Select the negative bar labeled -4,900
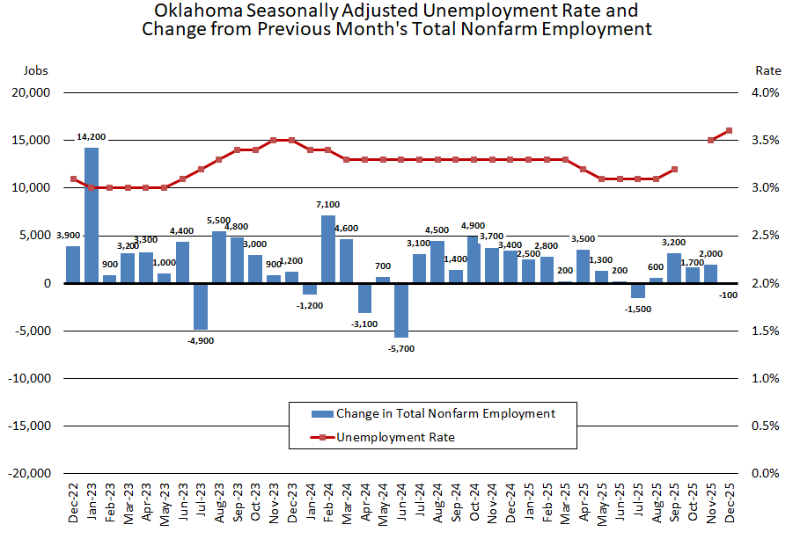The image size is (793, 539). tap(201, 306)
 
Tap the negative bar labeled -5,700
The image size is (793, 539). tap(401, 310)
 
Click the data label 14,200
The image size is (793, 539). tap(92, 136)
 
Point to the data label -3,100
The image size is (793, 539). tap(364, 324)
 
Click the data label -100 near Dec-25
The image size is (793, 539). tap(729, 296)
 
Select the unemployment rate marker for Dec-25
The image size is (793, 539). tap(730, 131)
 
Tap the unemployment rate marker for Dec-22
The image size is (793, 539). tap(73, 178)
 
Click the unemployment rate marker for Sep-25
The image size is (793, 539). tap(674, 169)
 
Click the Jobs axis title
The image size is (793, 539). tap(35, 70)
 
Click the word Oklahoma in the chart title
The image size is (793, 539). tap(194, 11)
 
